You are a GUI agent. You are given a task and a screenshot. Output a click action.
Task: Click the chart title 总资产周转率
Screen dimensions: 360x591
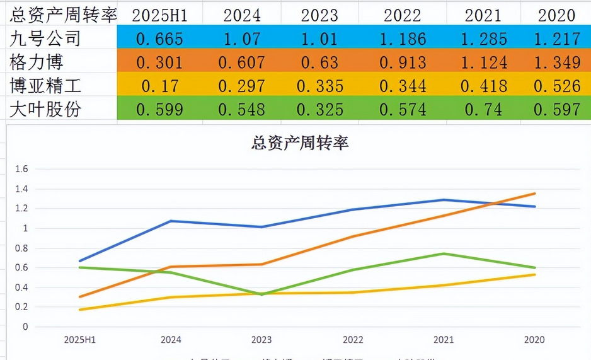tap(300, 143)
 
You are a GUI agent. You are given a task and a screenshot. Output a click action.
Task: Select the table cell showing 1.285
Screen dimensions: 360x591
tap(484, 39)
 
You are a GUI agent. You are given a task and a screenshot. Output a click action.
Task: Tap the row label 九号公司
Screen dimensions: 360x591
tap(46, 39)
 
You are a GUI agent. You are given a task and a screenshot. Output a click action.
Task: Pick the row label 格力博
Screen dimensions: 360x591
tap(37, 62)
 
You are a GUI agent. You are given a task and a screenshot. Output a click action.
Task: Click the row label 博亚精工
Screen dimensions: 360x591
tap(46, 85)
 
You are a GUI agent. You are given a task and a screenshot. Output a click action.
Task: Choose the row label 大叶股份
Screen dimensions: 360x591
tap(46, 109)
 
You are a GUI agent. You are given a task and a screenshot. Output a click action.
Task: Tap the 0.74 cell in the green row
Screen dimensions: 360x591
tap(484, 110)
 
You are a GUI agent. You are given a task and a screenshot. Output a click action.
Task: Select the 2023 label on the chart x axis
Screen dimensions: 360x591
tap(261, 340)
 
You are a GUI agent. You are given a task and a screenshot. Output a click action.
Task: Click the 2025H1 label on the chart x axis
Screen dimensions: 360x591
tap(79, 340)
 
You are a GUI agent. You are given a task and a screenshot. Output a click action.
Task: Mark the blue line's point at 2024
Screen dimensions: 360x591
tap(171, 221)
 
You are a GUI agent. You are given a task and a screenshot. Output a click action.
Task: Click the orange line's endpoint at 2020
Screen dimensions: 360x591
tap(535, 194)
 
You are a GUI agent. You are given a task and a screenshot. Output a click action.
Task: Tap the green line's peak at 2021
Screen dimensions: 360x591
tap(444, 253)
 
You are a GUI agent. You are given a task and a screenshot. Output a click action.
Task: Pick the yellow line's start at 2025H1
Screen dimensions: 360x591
tap(79, 310)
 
